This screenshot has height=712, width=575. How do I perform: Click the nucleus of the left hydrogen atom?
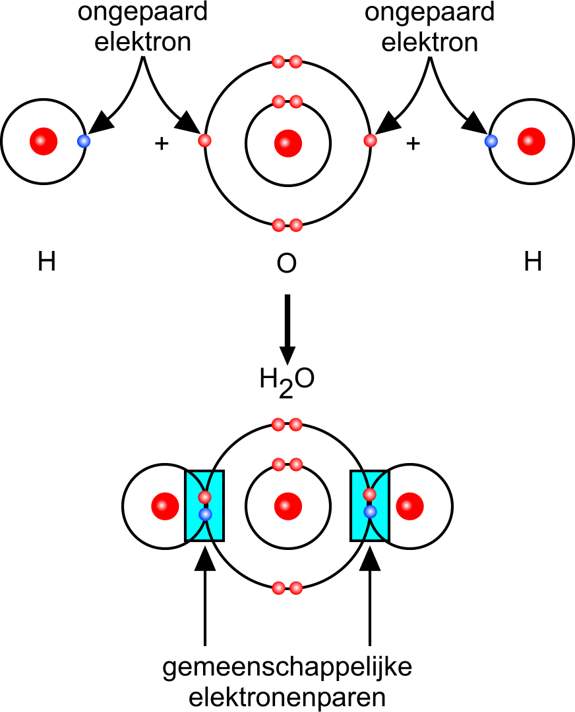click(x=44, y=141)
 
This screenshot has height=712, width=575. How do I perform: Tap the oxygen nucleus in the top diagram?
click(x=287, y=143)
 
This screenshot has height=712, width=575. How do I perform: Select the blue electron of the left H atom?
click(x=83, y=141)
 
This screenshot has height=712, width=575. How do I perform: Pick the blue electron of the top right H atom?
click(x=491, y=141)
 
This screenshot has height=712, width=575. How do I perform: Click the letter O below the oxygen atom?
click(x=287, y=264)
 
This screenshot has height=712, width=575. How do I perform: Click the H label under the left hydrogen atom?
click(x=47, y=263)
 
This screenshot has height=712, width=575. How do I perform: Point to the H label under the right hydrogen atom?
click(x=533, y=263)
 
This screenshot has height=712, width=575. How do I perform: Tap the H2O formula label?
click(x=286, y=380)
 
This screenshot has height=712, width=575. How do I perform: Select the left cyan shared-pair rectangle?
click(x=205, y=505)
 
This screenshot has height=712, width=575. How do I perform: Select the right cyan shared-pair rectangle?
click(x=370, y=505)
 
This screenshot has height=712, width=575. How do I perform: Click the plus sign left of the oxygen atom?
click(x=161, y=144)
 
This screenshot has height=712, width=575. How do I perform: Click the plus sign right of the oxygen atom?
click(x=413, y=144)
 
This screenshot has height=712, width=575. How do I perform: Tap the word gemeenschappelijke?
click(x=287, y=669)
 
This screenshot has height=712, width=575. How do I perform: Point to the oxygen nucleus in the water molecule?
click(x=287, y=506)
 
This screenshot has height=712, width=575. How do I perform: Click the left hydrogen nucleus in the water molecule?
click(x=165, y=506)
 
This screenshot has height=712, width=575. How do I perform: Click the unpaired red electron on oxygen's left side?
click(x=204, y=141)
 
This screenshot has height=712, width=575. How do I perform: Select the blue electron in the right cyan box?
click(x=370, y=511)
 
